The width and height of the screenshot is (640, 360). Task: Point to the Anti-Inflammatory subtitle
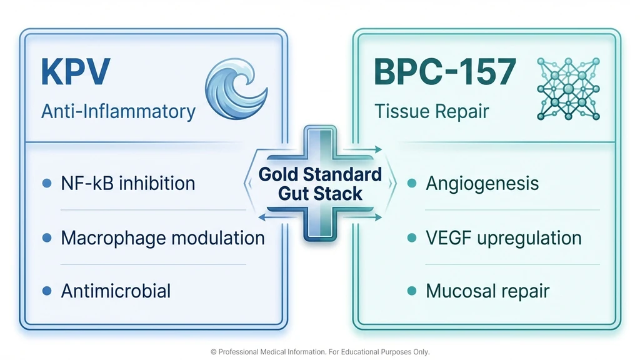118,111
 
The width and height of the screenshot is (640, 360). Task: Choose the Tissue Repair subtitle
432,111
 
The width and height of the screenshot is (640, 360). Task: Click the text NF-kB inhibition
128,183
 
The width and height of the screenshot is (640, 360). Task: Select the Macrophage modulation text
162,237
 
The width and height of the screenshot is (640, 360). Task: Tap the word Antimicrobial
116,291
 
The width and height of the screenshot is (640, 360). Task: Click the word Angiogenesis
482,183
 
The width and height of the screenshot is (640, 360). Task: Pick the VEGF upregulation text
503,237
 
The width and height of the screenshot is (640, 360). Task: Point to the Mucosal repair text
487,291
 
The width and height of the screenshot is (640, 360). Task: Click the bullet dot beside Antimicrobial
46,291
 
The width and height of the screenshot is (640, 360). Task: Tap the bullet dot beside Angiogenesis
411,184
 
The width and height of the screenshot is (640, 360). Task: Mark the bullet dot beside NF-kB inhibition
46,184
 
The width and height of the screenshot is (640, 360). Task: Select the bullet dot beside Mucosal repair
411,291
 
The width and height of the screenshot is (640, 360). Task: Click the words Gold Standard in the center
320,174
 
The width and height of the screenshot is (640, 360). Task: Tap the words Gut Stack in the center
320,193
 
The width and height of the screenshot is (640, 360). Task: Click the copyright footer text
320,352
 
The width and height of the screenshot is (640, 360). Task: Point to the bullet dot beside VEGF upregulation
411,238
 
